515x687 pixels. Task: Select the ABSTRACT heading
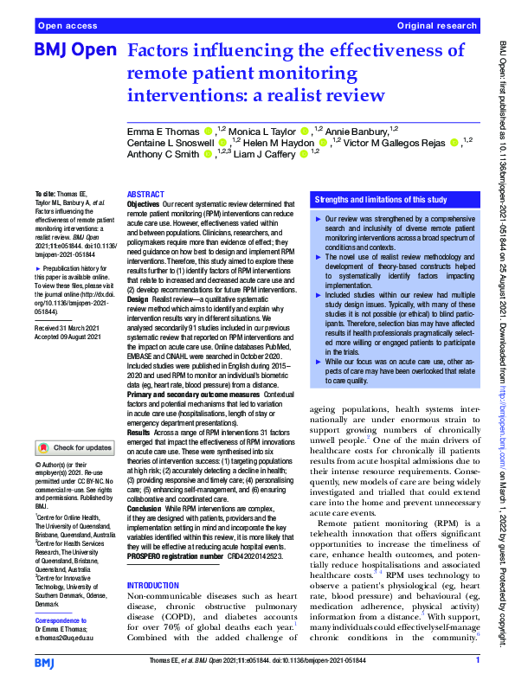145,195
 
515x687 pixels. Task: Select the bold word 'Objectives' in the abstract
144,205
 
